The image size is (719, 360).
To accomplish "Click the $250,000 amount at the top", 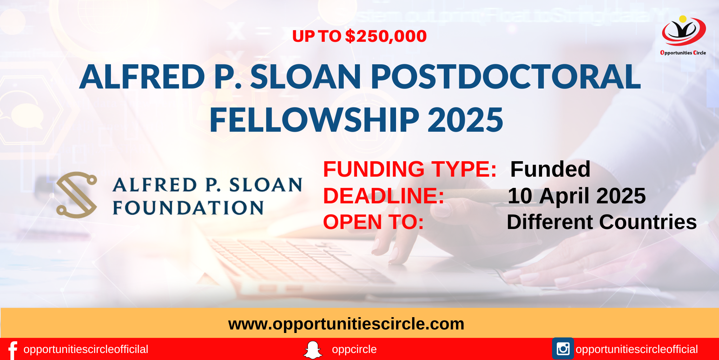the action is tap(386, 37).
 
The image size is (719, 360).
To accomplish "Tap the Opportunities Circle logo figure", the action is tap(684, 31).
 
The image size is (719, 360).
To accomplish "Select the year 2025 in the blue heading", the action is tap(465, 120).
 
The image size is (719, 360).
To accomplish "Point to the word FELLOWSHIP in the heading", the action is tap(315, 120).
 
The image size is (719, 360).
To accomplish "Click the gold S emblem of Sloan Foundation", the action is tap(77, 195).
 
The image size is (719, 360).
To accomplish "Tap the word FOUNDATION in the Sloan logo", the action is tap(188, 208).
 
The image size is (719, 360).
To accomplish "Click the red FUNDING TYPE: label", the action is tap(410, 169).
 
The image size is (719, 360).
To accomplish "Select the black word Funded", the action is tap(550, 169).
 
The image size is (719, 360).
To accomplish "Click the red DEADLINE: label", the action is tap(384, 196).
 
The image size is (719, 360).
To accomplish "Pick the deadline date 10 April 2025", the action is tap(576, 196).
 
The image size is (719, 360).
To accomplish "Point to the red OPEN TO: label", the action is tap(374, 222).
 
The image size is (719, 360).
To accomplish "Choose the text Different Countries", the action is tap(602, 222).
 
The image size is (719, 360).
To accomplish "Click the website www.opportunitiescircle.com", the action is tap(346, 324).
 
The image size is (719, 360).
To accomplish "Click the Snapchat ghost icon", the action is tap(312, 350).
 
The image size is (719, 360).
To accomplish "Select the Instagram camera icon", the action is tap(563, 349).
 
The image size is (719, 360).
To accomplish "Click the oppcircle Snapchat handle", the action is tap(354, 349).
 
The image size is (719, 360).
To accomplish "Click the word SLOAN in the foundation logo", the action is tap(266, 185).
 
